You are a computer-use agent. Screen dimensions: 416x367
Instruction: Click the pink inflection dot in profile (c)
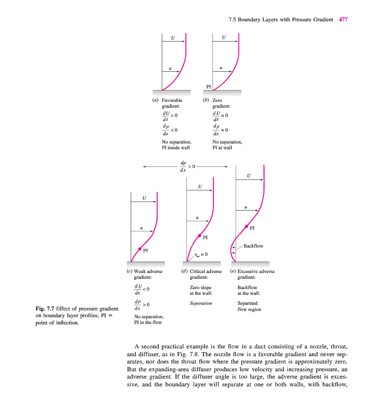point(140,249)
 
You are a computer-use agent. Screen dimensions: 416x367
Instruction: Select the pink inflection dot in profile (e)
point(246,226)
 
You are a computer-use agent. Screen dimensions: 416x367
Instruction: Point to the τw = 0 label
point(201,254)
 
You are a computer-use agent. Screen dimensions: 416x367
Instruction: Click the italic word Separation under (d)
point(201,303)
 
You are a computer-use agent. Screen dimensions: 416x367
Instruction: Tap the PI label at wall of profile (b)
point(208,86)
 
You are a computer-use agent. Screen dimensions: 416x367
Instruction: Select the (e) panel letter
point(233,271)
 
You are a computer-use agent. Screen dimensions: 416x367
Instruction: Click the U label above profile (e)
point(248,176)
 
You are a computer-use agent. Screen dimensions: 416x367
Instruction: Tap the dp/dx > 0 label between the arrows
point(186,166)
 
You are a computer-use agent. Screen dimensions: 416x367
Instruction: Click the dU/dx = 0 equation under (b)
point(221,116)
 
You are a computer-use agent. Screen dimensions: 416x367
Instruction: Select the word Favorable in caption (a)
point(172,100)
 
